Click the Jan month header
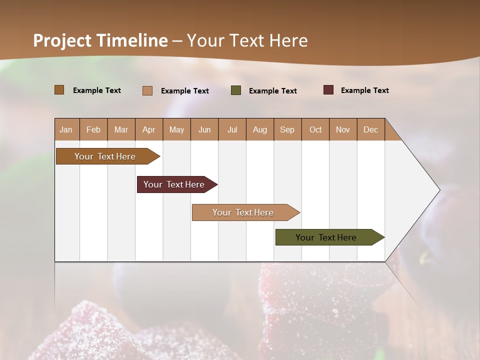pos(66,129)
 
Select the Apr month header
pos(148,129)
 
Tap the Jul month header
pos(232,129)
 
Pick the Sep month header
pos(287,129)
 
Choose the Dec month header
pos(370,129)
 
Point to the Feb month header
pos(93,129)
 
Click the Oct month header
pos(315,129)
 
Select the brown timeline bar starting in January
pos(105,156)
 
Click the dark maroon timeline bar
pos(174,184)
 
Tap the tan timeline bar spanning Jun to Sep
pos(243,212)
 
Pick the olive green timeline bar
pos(326,237)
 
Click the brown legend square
pos(59,90)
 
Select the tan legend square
pos(147,90)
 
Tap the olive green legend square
pos(236,90)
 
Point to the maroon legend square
pos(328,90)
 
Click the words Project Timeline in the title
pos(100,40)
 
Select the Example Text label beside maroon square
pos(364,90)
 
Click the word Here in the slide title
pos(288,40)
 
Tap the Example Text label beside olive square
pos(272,91)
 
